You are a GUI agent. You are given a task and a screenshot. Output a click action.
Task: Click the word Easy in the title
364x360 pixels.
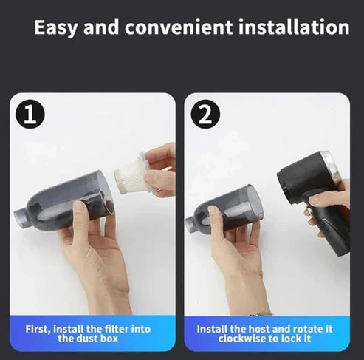pos(59,28)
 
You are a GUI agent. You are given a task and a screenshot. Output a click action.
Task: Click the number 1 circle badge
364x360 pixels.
pos(30,114)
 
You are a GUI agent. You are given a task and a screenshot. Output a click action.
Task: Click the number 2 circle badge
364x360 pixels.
pos(205,114)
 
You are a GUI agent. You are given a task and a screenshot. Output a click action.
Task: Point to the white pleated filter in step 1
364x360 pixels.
pos(131,177)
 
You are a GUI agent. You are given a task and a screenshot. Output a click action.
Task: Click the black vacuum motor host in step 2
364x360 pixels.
pos(303,181)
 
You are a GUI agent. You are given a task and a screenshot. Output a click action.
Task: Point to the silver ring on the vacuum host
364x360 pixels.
pos(330,166)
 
